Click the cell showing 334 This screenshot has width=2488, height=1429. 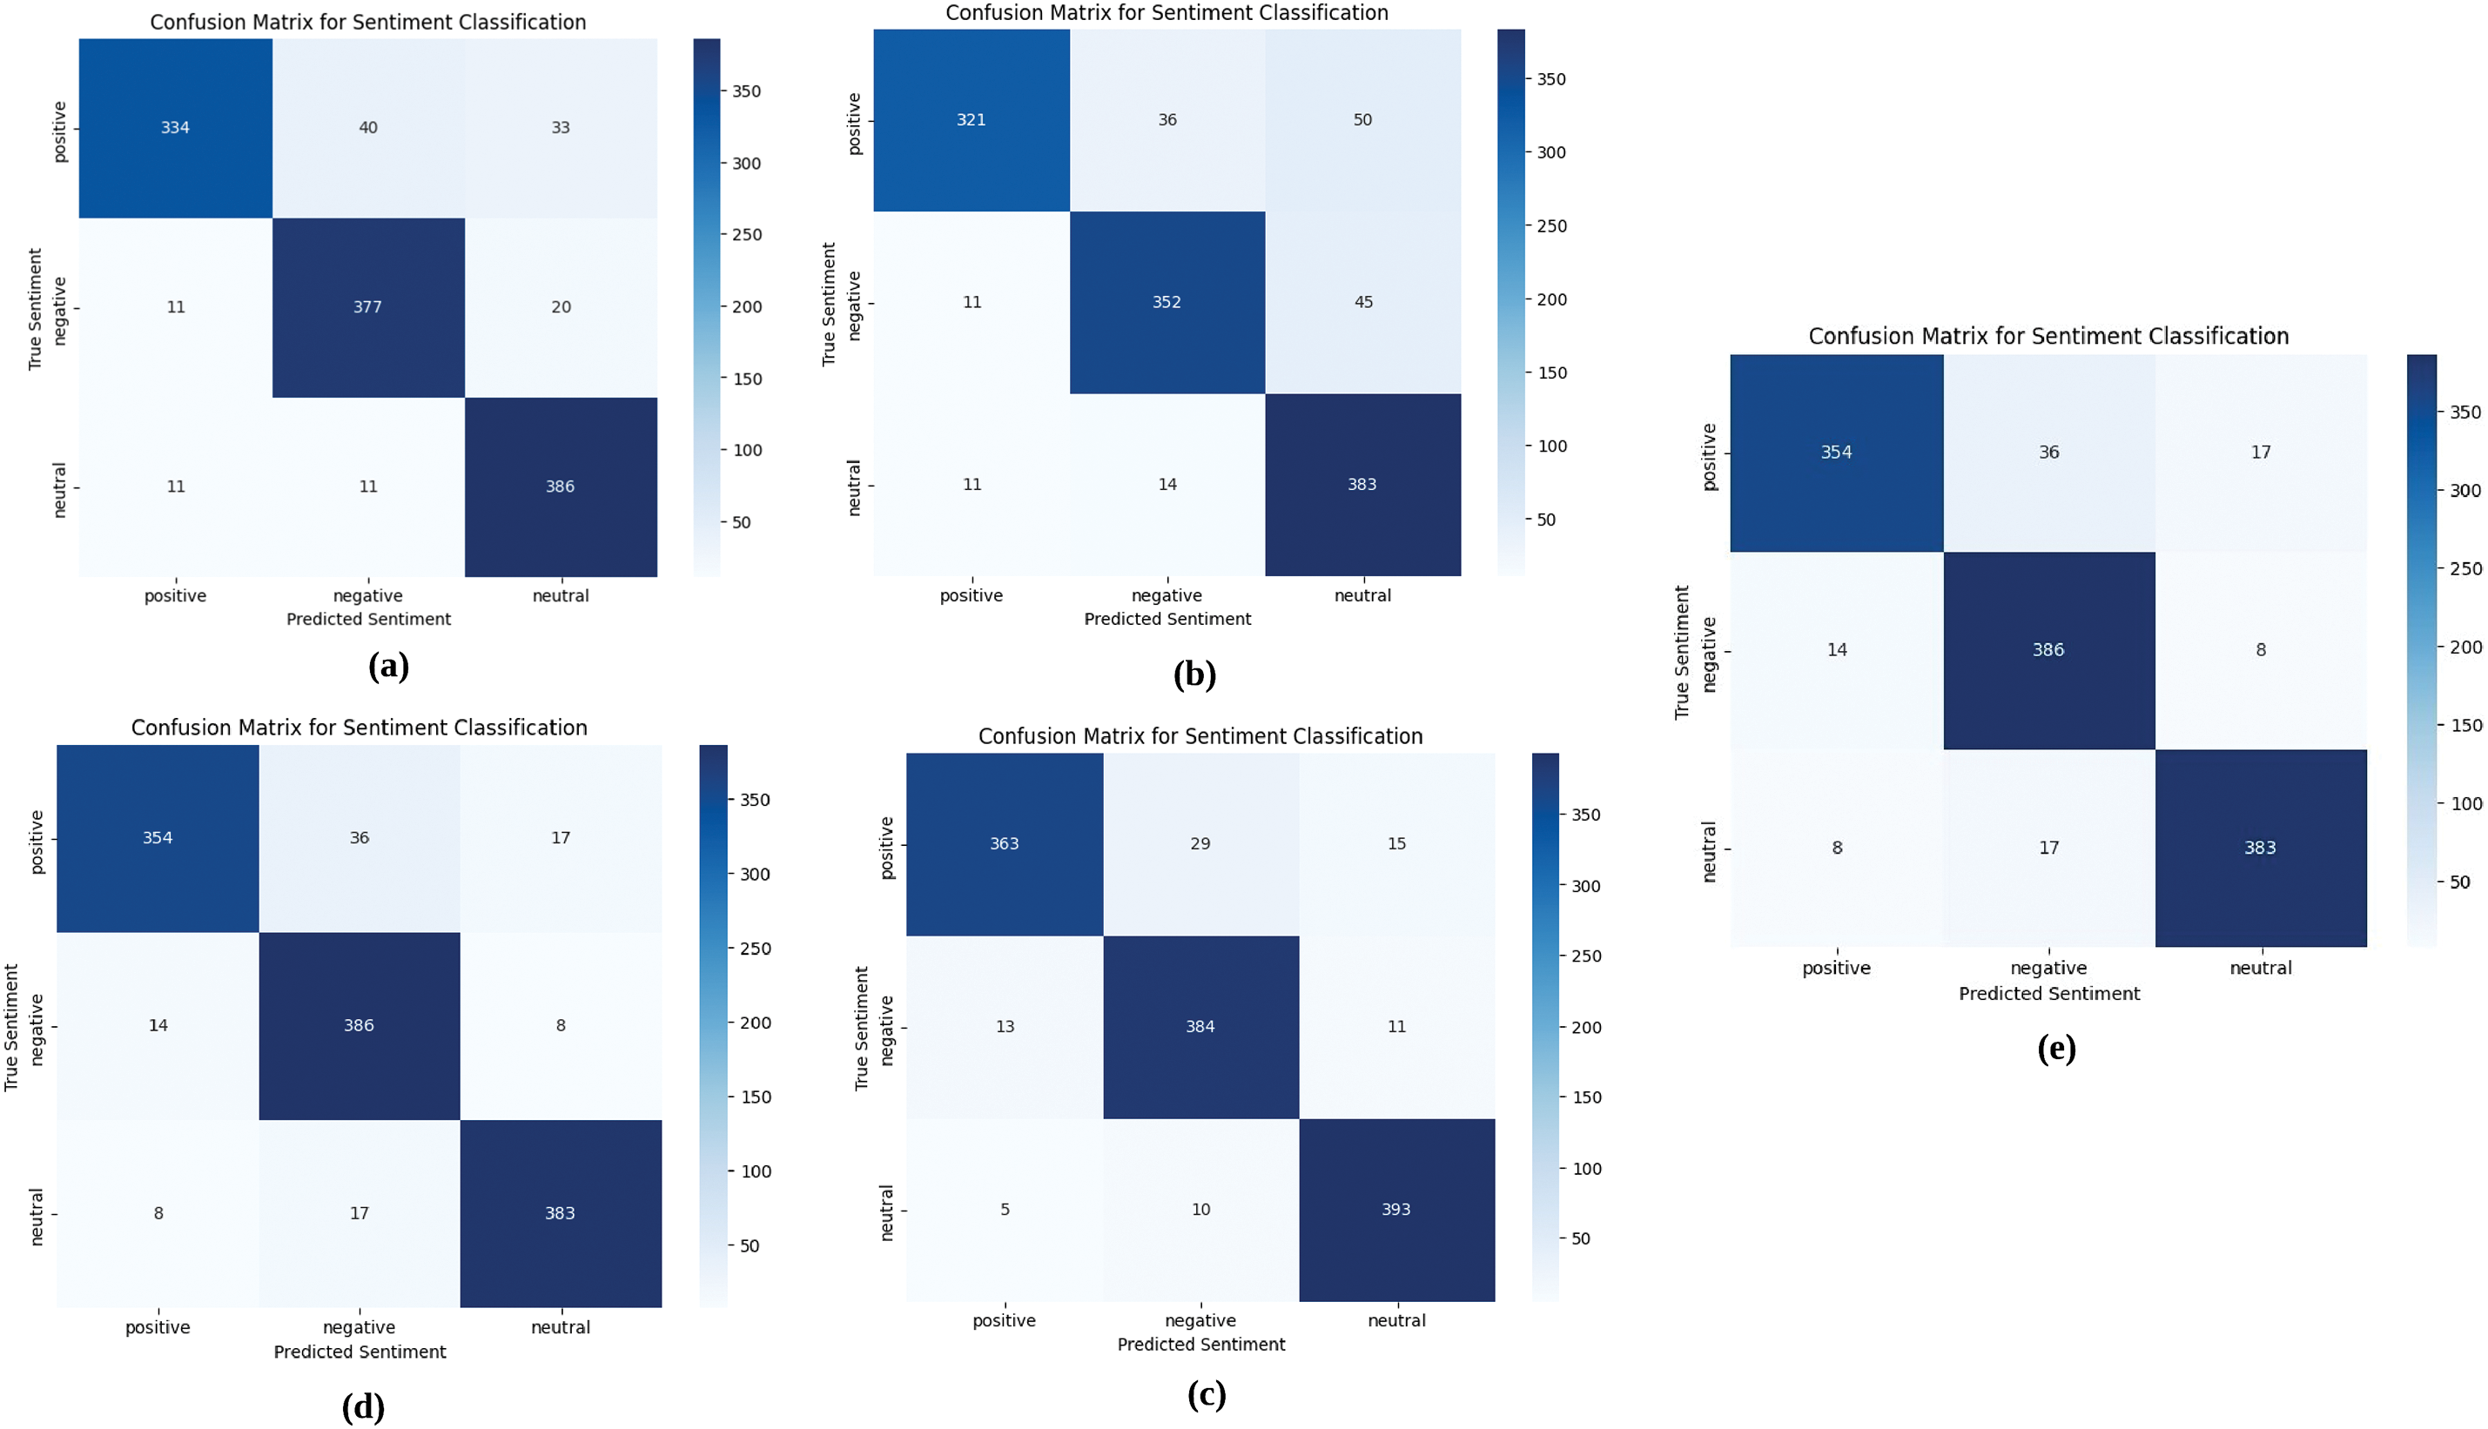(175, 128)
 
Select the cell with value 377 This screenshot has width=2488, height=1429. (368, 307)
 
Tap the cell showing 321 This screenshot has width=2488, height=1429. (971, 120)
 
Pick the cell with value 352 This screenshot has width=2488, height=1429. (1167, 302)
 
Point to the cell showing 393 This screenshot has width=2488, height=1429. (1395, 1209)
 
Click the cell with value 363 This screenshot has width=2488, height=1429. (1004, 844)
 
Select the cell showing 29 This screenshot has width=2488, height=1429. (1200, 844)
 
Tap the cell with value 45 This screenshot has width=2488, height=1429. (1363, 302)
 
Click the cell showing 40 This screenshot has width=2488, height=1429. (368, 128)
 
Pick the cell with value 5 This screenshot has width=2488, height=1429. (1004, 1209)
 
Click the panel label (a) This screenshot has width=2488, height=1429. (388, 667)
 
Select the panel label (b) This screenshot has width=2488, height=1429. (1194, 674)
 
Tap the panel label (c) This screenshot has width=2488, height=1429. (1207, 1395)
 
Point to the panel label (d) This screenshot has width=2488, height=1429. (363, 1407)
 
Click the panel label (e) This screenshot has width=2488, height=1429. (2056, 1050)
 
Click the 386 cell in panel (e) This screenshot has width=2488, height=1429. (2048, 650)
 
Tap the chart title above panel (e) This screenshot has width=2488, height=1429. (2048, 337)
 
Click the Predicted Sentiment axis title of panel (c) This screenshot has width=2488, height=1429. (1200, 1345)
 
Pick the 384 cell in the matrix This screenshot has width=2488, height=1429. (1200, 1027)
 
